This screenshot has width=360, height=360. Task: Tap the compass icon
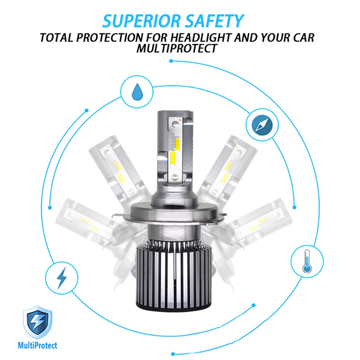click(x=262, y=125)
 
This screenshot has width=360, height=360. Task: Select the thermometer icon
click(x=307, y=261)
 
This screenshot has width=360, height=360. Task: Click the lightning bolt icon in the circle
click(x=61, y=278)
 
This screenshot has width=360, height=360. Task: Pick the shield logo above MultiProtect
click(x=37, y=322)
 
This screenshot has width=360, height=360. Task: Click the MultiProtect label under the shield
click(x=37, y=345)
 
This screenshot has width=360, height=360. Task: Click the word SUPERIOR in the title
click(x=141, y=21)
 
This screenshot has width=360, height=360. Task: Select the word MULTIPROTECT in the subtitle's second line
click(x=177, y=48)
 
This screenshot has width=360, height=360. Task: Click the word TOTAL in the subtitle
click(x=57, y=38)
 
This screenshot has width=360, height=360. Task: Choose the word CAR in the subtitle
click(x=303, y=38)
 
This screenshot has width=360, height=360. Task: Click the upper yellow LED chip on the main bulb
click(x=178, y=143)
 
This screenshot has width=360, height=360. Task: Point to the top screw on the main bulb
click(x=175, y=123)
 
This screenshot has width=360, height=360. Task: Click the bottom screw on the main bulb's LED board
click(x=175, y=176)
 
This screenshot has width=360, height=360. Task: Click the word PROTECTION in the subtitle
click(x=110, y=38)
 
